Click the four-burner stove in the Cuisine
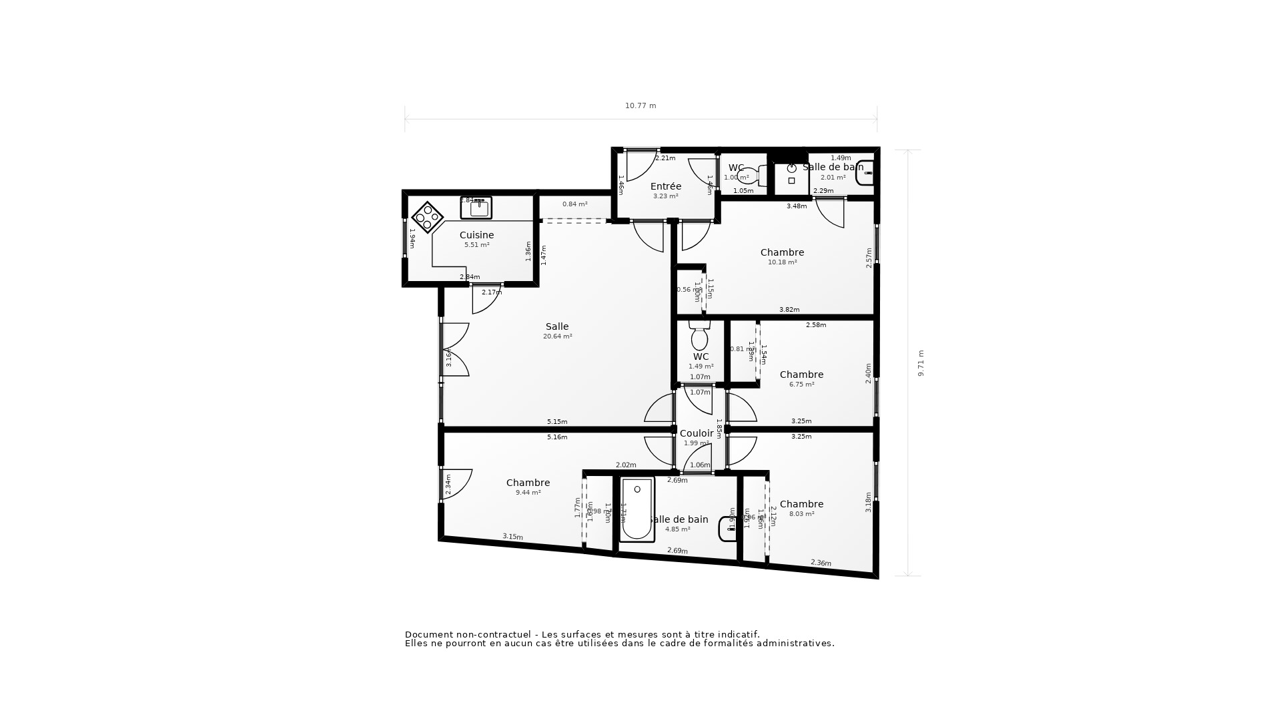pos(428,217)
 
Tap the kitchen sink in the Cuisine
pos(476,208)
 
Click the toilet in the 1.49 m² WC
pos(699,337)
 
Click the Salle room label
pos(557,326)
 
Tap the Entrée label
pos(665,186)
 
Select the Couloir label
pos(696,433)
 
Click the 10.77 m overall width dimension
pos(640,105)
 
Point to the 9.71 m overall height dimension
pos(921,363)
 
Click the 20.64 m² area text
pos(557,336)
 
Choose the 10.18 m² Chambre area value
pos(782,262)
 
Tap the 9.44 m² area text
pos(528,493)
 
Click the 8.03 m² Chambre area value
pos(801,514)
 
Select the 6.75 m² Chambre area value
pos(801,385)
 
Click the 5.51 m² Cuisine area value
pos(476,245)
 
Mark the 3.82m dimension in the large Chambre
pos(789,310)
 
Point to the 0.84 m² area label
pos(574,204)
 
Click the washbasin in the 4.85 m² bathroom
pos(727,529)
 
